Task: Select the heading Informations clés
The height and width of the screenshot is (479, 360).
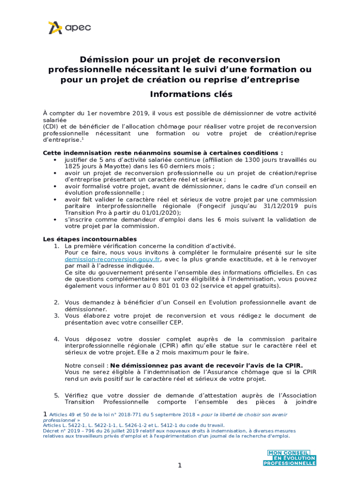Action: coord(191,94)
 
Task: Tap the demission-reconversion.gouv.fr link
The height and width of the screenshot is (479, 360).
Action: coord(113,259)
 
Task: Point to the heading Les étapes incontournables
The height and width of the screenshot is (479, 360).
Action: coord(90,239)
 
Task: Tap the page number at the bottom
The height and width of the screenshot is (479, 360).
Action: coord(179,465)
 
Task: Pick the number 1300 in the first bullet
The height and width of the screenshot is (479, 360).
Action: coord(247,160)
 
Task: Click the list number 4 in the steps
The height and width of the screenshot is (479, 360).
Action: coord(56,339)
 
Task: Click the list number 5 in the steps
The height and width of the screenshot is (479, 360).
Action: coord(56,395)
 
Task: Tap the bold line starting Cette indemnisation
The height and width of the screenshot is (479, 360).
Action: coord(163,153)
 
